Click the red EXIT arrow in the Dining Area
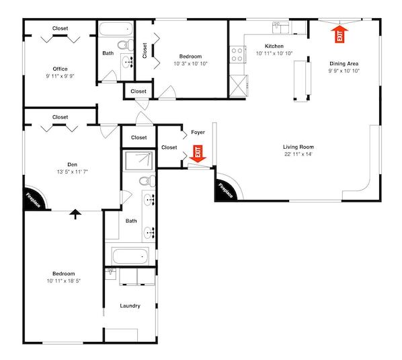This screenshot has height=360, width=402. tap(339, 34)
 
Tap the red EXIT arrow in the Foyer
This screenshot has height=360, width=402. tap(198, 154)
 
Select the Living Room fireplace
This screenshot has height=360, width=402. tap(227, 188)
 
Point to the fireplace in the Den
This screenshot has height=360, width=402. tap(34, 199)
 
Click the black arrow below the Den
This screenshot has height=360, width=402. tap(75, 214)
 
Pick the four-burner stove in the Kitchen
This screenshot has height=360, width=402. tap(237, 55)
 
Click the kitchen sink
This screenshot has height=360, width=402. tap(281, 28)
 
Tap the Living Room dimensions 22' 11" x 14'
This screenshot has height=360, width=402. tap(298, 154)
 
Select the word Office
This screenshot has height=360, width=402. tap(61, 69)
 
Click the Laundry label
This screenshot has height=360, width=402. tap(130, 306)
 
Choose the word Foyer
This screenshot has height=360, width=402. tap(198, 133)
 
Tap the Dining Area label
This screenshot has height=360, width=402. tap(344, 64)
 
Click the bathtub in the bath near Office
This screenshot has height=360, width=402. tap(116, 29)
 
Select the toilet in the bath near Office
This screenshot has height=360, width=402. tap(126, 45)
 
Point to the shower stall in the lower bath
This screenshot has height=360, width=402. tap(139, 161)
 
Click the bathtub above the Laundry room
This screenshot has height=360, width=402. tap(130, 256)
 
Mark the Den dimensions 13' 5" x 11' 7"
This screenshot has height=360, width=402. tap(73, 172)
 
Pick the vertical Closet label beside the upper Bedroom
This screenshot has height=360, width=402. tap(145, 50)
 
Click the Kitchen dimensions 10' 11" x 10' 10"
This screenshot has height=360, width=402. tap(274, 53)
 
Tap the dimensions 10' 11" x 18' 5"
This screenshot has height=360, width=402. tap(64, 281)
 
